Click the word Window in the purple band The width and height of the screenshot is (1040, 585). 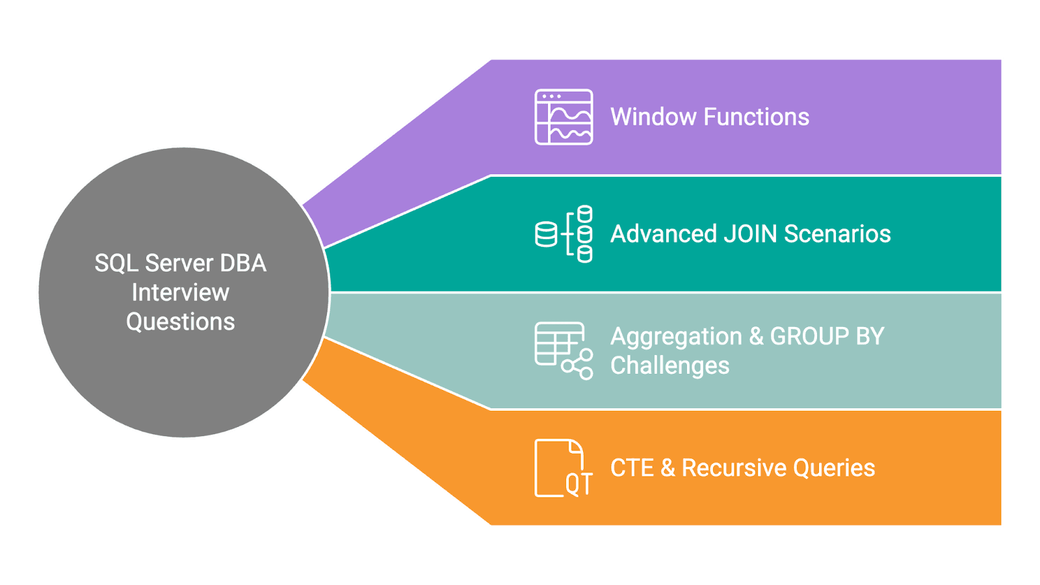tap(653, 117)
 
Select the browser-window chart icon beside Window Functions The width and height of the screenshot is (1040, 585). tap(564, 117)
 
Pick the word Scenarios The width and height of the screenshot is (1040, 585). tap(837, 234)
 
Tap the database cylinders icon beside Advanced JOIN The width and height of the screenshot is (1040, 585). tap(564, 234)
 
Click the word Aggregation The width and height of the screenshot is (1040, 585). tap(676, 337)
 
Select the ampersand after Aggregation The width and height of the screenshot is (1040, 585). tap(756, 337)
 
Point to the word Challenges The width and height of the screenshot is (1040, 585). tap(669, 366)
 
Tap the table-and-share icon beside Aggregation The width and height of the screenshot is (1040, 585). tap(564, 351)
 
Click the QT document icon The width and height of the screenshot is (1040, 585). tap(563, 468)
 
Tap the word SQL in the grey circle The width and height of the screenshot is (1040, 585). tap(116, 263)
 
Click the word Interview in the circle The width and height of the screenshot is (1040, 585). tap(181, 292)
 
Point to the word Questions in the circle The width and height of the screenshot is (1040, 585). tap(181, 322)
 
